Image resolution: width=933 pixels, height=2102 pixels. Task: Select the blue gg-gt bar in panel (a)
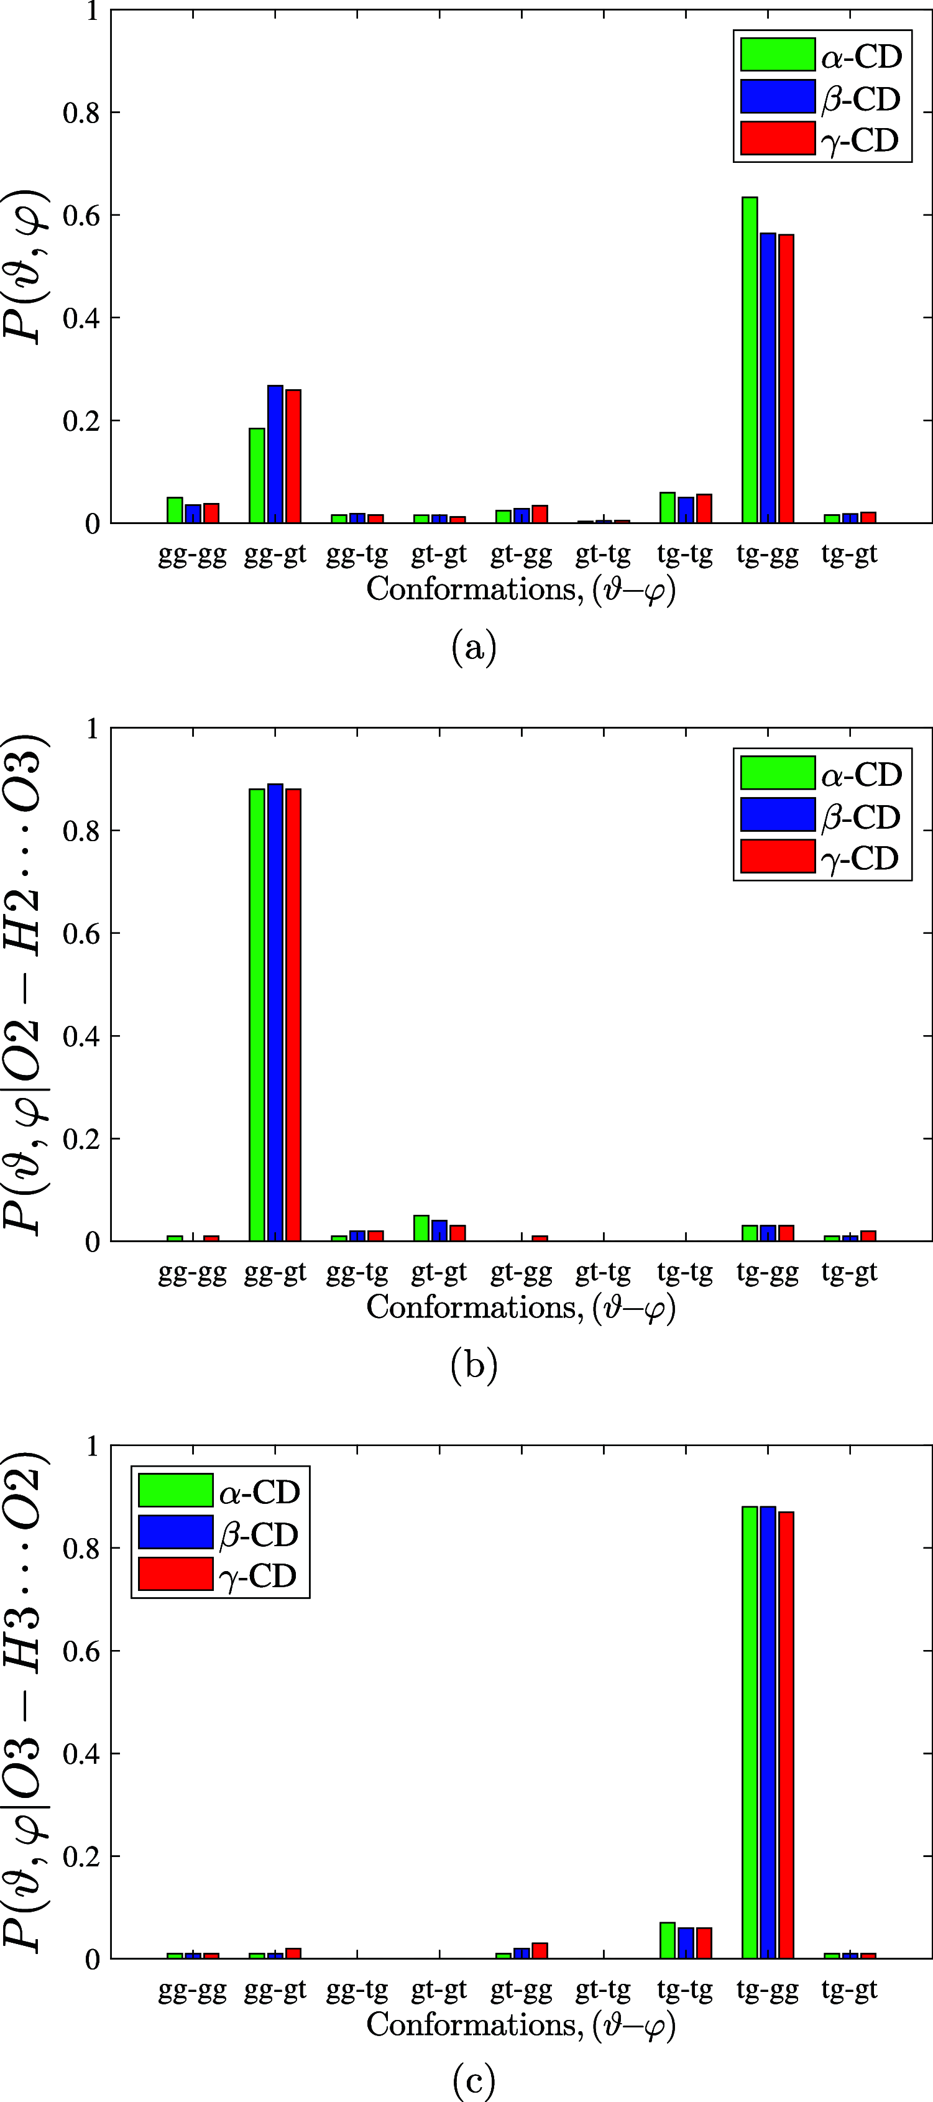[275, 454]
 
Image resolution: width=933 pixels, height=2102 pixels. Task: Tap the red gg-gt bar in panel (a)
[293, 456]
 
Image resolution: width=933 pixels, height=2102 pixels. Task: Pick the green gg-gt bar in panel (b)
[257, 1014]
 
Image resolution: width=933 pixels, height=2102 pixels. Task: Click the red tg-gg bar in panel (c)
[786, 1735]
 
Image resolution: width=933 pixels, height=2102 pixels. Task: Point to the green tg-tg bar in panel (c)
[667, 1941]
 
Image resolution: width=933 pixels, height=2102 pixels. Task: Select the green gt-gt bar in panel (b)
[421, 1228]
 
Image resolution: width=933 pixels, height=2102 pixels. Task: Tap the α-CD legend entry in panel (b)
[820, 773]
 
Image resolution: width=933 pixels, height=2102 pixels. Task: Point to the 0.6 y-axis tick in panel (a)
[81, 215]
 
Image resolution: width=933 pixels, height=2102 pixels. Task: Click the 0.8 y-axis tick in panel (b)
[81, 831]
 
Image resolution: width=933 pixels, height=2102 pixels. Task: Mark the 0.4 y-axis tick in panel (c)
[81, 1754]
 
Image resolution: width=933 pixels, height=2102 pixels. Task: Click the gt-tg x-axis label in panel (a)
[603, 555]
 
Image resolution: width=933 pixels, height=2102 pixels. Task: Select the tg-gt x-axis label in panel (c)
[849, 1990]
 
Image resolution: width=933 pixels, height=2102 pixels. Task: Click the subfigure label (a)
[473, 648]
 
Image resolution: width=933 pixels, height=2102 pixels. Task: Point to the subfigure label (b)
[473, 1366]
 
